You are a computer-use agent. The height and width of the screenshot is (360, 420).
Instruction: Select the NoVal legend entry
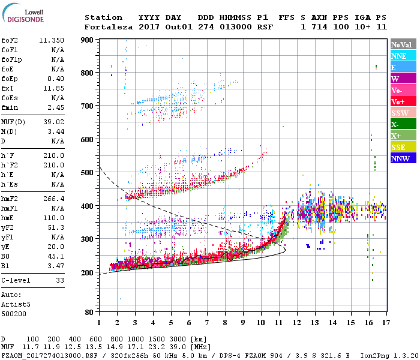coord(401,44)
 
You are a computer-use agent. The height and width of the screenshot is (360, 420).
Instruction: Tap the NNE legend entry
coord(401,56)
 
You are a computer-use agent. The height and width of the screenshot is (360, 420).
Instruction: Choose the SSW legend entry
coord(401,113)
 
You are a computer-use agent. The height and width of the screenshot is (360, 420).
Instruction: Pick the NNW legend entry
coord(401,158)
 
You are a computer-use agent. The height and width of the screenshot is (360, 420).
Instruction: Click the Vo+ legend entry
coord(401,101)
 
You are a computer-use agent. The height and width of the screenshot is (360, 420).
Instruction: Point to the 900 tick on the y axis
coord(87,40)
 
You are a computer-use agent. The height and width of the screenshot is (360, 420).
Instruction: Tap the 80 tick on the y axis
coord(89,313)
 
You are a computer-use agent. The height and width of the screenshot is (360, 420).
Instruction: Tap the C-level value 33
coord(59,280)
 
